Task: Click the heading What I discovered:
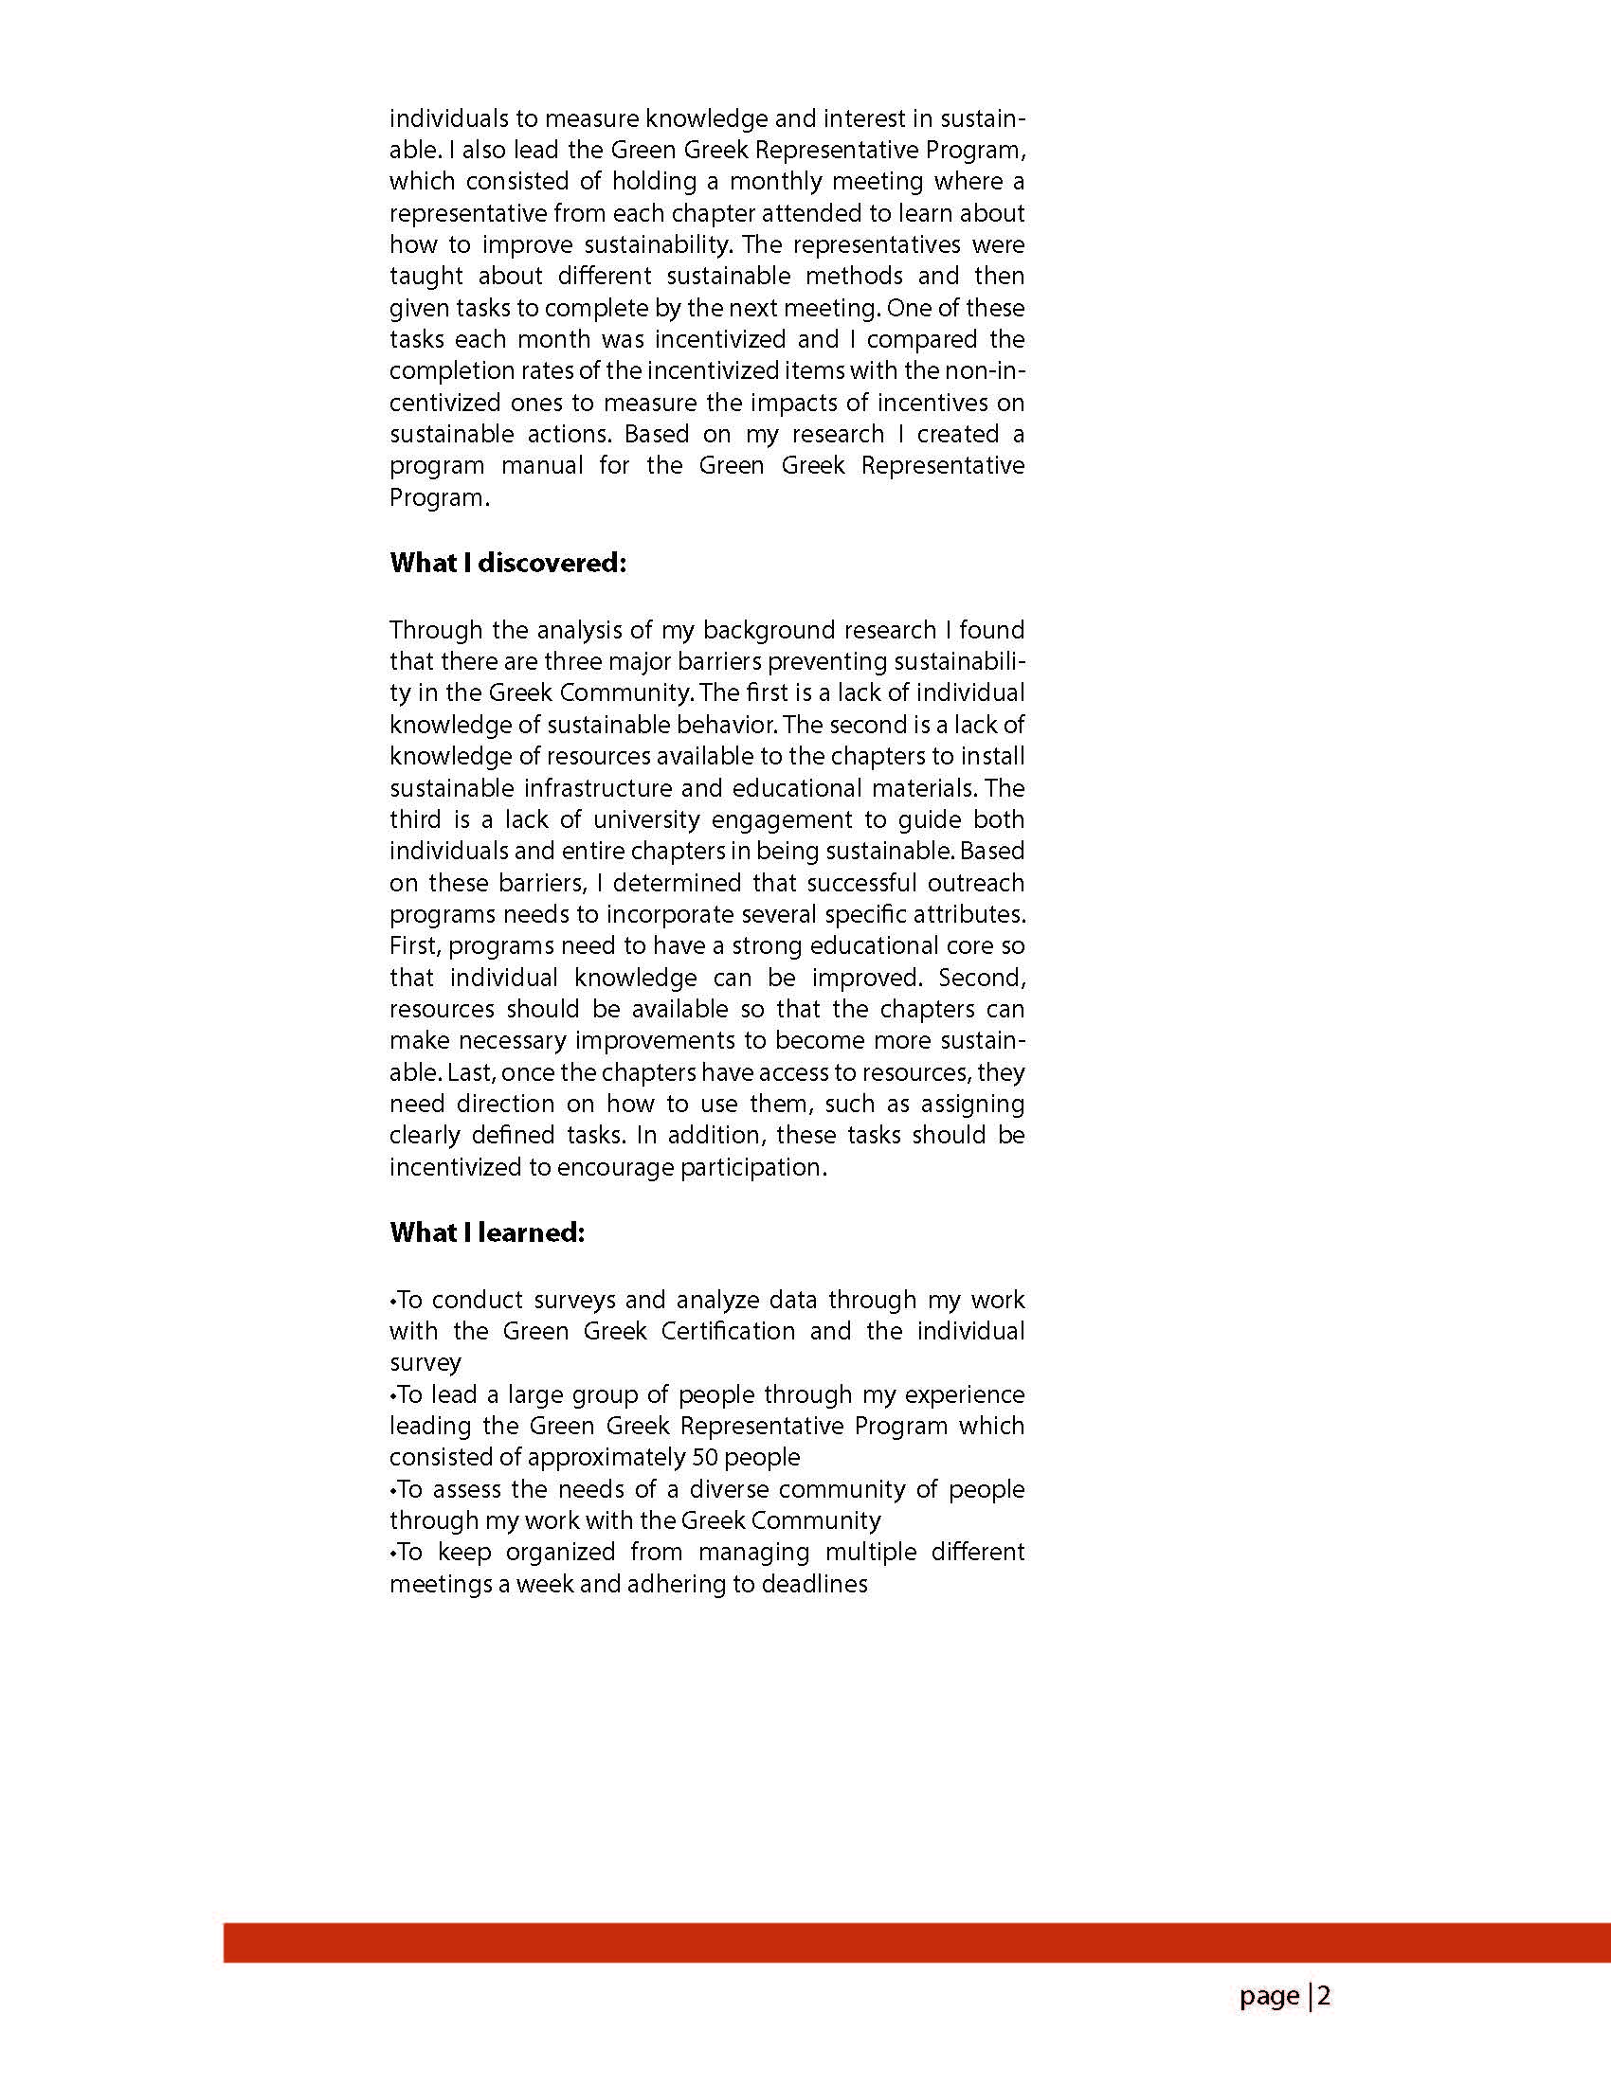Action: click(507, 564)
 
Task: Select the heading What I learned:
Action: click(486, 1232)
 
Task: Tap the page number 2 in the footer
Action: click(1324, 1995)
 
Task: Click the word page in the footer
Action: click(1269, 1996)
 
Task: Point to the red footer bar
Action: click(916, 1943)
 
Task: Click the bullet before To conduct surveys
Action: click(392, 1302)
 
